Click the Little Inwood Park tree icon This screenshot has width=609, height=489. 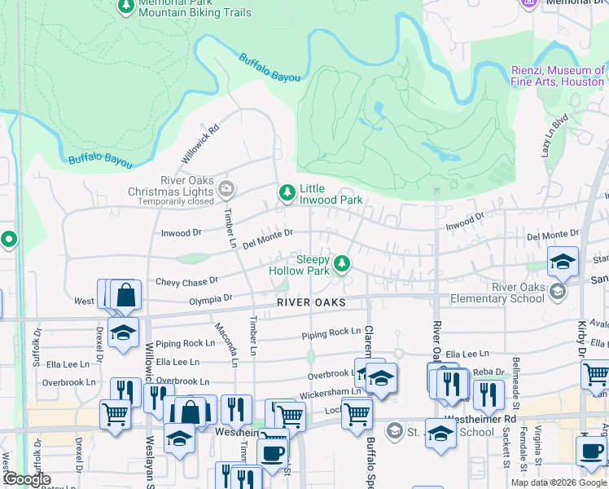tap(287, 192)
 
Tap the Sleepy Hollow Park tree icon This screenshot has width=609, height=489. tap(343, 262)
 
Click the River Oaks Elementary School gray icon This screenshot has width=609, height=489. tap(558, 291)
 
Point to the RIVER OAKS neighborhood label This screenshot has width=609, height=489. tap(311, 302)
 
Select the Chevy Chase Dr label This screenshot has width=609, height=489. tap(187, 280)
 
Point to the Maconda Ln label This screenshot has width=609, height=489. tap(234, 341)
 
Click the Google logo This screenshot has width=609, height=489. tap(26, 480)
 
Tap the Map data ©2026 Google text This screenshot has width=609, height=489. tap(559, 482)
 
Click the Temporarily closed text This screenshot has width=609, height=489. tap(177, 201)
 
